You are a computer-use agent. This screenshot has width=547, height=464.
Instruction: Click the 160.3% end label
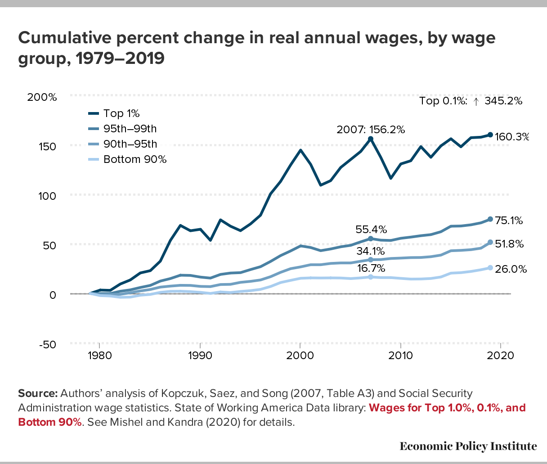point(511,136)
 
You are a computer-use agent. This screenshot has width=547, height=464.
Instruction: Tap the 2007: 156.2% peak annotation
point(371,130)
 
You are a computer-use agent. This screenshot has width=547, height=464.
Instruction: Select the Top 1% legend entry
point(121,113)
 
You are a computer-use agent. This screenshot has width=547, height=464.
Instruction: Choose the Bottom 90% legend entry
point(135,159)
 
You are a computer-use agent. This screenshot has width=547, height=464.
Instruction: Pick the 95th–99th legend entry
point(130,129)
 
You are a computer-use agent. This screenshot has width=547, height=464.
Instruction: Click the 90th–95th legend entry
point(130,144)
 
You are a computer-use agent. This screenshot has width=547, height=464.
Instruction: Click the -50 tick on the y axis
point(46,344)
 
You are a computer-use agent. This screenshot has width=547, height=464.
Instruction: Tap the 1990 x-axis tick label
point(199,355)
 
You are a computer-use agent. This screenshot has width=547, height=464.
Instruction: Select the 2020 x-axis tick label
point(501,355)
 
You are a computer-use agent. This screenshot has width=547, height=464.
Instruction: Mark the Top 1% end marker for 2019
point(490,135)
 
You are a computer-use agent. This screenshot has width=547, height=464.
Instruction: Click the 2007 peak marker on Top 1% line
point(370,139)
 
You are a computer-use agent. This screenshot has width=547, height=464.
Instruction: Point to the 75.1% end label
point(509,221)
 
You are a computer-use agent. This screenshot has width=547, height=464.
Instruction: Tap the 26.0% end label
point(511,269)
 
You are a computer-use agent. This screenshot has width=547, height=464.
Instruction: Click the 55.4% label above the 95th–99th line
point(371,230)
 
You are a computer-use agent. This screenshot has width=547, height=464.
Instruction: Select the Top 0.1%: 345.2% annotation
point(471,101)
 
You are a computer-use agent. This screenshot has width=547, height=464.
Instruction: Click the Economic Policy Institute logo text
point(468,446)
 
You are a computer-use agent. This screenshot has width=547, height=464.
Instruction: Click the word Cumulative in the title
point(65,38)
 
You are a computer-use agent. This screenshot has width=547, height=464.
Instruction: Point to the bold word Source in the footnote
point(38,393)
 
